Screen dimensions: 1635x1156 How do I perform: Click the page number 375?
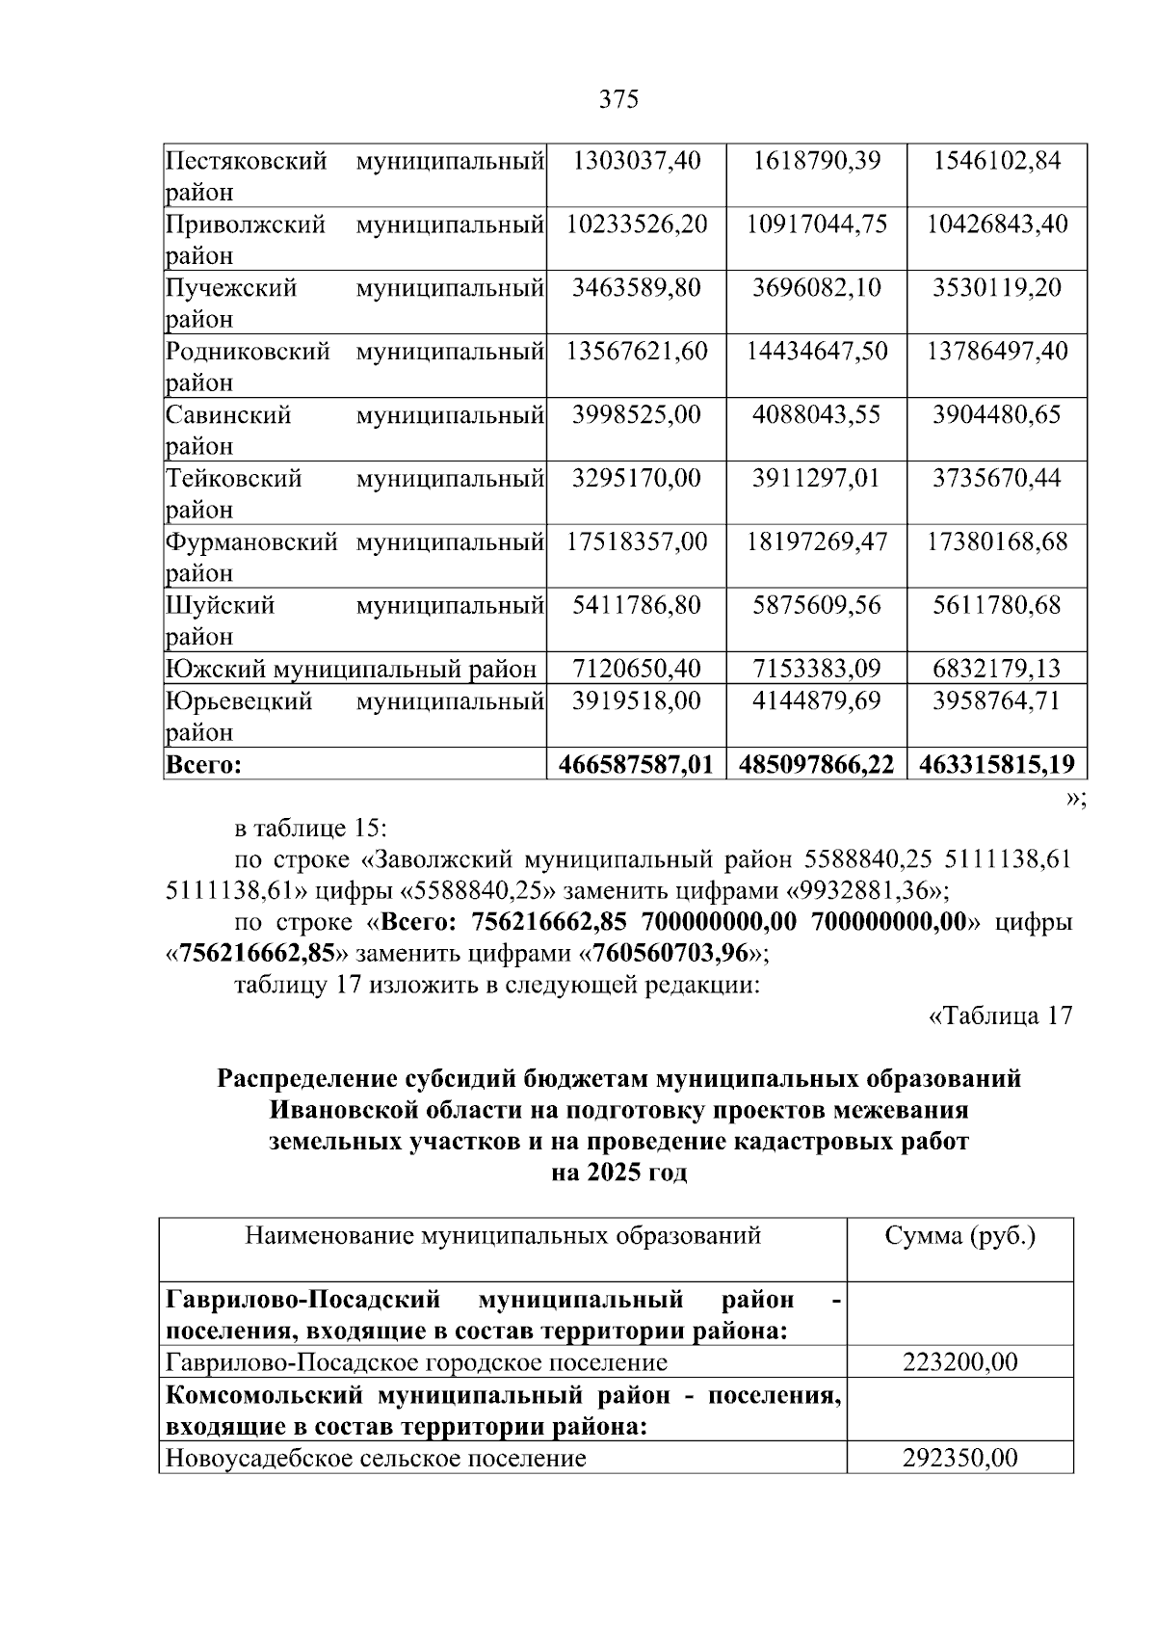(x=618, y=99)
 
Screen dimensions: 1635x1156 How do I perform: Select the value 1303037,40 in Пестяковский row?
(x=636, y=160)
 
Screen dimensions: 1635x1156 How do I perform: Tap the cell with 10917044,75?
(x=816, y=224)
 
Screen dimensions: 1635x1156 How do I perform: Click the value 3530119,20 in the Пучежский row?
(x=996, y=287)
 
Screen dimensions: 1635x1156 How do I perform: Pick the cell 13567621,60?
(x=636, y=351)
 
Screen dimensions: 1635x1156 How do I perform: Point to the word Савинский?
(x=228, y=415)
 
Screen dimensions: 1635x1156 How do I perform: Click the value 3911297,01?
(x=816, y=478)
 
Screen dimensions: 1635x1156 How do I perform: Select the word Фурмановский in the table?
(x=251, y=541)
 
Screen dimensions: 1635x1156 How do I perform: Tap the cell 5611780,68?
(x=996, y=605)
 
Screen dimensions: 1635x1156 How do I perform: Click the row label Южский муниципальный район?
(x=351, y=669)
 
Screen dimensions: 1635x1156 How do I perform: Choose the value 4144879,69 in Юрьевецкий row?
(x=816, y=700)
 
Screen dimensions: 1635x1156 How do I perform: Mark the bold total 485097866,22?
(x=816, y=765)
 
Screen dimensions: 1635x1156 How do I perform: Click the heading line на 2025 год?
(x=618, y=1174)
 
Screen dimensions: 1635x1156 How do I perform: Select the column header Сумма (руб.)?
(x=959, y=1235)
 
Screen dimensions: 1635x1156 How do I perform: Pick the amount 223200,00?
(x=959, y=1362)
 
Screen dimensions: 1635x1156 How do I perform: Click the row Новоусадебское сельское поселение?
(x=376, y=1458)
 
